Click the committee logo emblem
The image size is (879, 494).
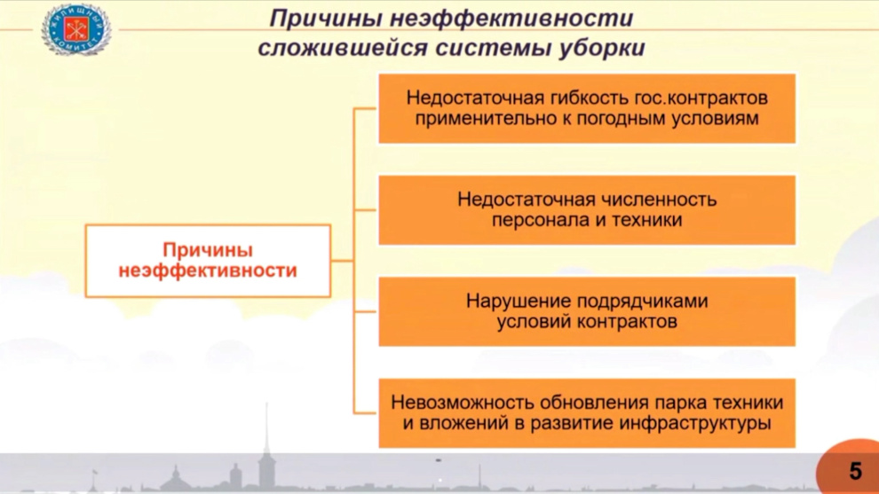coord(75,29)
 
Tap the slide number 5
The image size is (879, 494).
coord(855,471)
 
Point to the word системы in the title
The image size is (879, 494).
coord(494,48)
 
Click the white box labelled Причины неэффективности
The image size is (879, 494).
coord(208,261)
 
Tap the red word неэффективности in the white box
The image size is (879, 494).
coord(208,271)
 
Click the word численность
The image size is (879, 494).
coord(659,200)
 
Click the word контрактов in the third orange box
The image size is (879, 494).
coord(627,322)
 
